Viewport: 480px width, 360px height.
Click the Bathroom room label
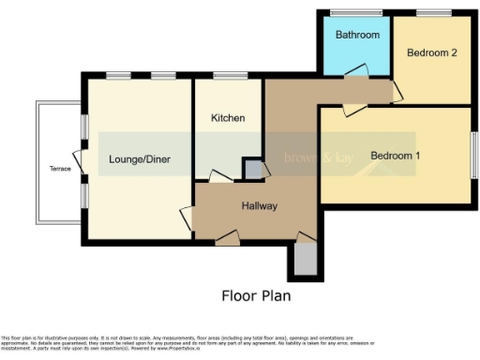pos(357,36)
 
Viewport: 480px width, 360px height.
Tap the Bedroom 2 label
pos(431,53)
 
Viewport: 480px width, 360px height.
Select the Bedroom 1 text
pos(395,155)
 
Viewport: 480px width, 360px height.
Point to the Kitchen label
pos(228,118)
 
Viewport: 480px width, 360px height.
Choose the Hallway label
pos(259,206)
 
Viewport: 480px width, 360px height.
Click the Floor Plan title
pos(256,296)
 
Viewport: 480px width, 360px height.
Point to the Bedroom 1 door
pos(354,109)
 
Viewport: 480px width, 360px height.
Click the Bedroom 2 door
pos(397,90)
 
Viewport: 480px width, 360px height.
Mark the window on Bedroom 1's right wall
pos(474,154)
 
